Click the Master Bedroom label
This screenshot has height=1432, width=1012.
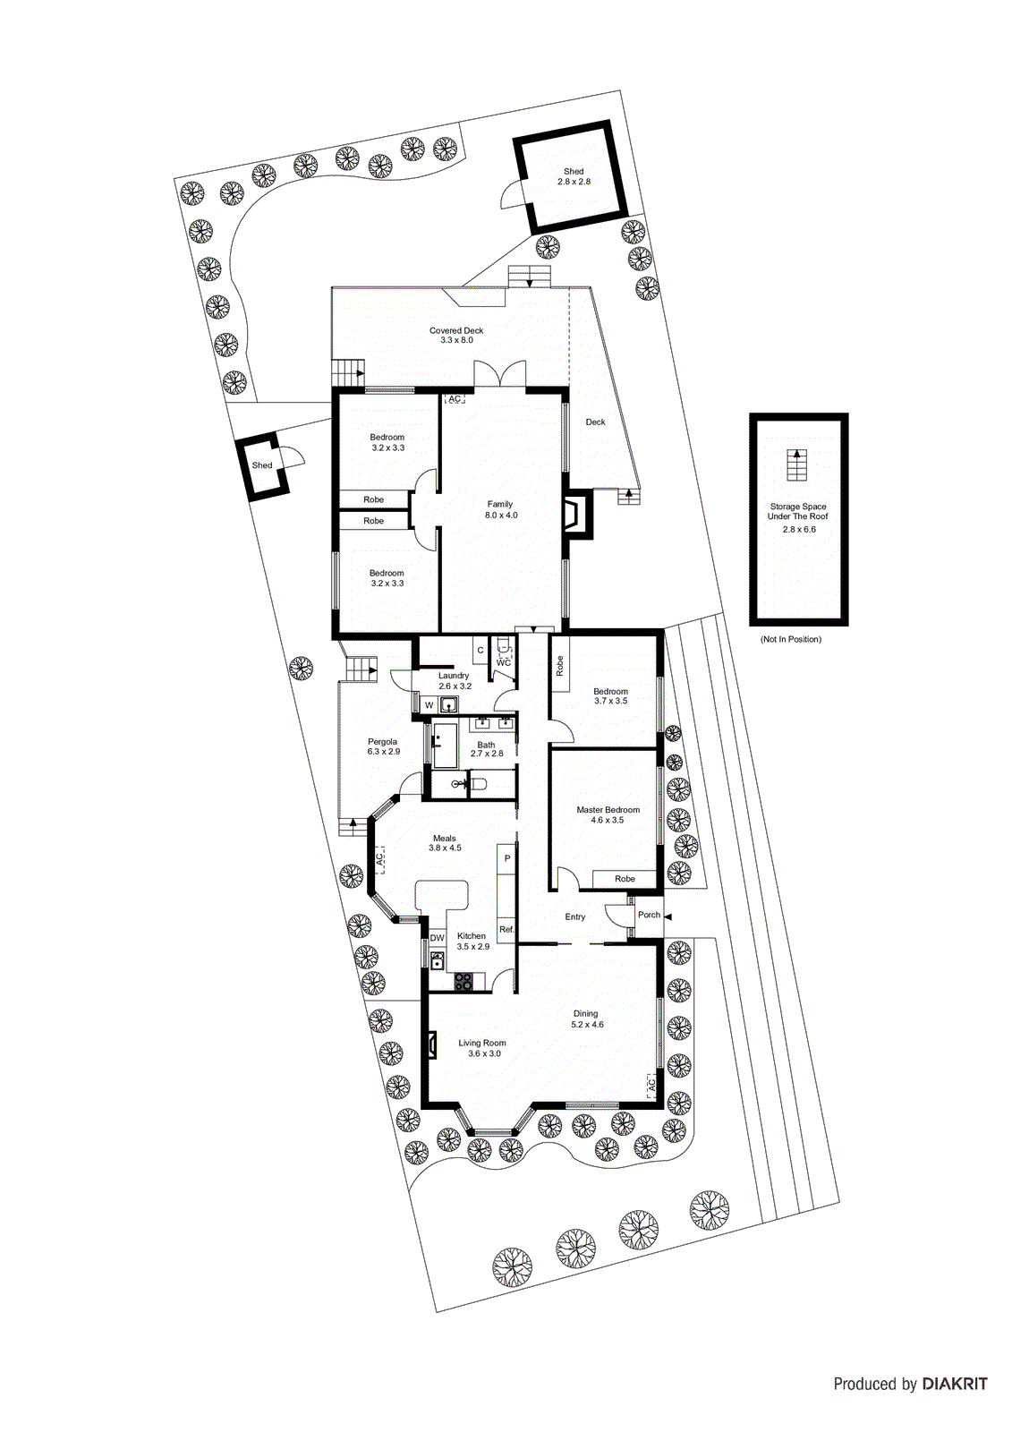(608, 809)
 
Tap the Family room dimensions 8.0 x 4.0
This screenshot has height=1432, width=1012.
(501, 516)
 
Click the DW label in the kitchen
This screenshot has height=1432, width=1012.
(437, 938)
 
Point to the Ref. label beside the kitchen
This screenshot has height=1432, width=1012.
(506, 930)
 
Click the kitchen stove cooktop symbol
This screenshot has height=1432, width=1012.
(463, 981)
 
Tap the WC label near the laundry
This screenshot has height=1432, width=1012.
(504, 662)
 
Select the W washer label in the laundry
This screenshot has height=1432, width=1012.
(429, 705)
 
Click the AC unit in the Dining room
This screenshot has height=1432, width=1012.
(651, 1085)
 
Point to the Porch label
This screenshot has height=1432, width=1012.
(649, 915)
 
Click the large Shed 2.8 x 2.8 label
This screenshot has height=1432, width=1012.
(574, 176)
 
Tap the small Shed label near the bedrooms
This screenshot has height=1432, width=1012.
(262, 465)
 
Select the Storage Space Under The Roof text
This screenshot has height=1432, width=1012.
(798, 511)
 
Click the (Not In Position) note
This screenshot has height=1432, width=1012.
(790, 639)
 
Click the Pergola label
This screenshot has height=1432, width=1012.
(383, 741)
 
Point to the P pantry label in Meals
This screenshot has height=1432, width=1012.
(507, 858)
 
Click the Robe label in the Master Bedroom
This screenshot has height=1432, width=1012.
(625, 879)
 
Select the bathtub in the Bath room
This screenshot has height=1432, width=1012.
(444, 746)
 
